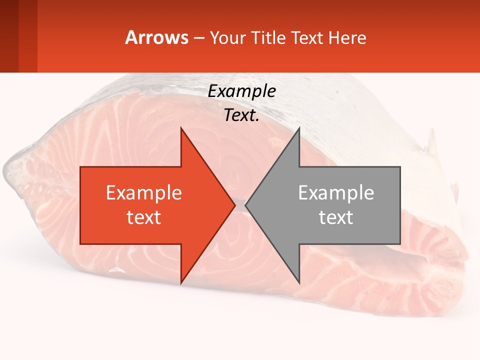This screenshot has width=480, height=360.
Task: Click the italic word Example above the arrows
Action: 241,91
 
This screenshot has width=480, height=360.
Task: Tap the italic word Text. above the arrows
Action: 241,115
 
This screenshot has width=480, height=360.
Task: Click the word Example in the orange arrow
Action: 143,192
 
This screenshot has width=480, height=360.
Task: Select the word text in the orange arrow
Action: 143,217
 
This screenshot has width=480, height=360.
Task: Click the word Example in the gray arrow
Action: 336,192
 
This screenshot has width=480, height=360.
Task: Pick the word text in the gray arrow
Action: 336,217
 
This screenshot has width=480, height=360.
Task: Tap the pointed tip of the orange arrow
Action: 234,205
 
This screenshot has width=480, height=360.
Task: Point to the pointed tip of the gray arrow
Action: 246,205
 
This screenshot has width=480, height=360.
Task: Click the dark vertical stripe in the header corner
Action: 9,36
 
